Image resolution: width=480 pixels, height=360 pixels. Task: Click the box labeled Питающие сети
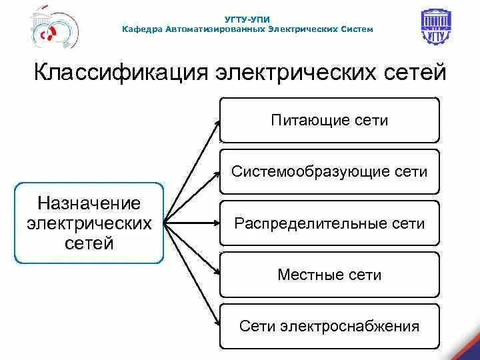[x=329, y=120]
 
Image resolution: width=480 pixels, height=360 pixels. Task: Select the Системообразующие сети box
[x=329, y=172]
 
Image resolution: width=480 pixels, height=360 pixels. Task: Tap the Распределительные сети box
[x=329, y=223]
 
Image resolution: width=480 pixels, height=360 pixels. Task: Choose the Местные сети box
[x=329, y=275]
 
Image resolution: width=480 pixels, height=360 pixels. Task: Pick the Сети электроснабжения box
[x=329, y=326]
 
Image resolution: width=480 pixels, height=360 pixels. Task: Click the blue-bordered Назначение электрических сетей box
[x=89, y=223]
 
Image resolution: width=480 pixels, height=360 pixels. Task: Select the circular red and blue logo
[x=54, y=29]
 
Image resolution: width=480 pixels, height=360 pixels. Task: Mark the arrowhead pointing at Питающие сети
[x=218, y=123]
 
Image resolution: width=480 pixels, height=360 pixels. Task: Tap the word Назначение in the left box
[x=89, y=203]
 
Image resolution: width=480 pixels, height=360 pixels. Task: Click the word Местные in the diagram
[x=302, y=275]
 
